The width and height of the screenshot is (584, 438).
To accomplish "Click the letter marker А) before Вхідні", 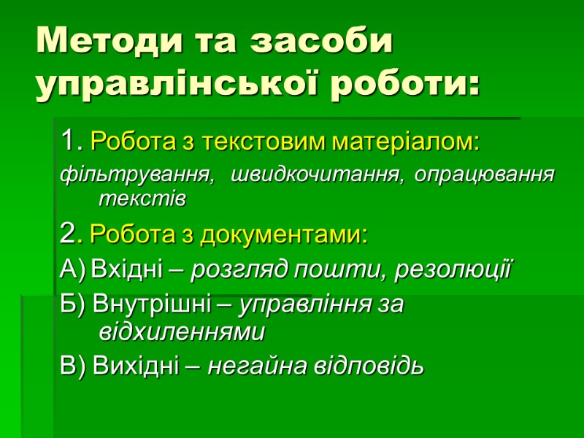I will pyautogui.click(x=72, y=272).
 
